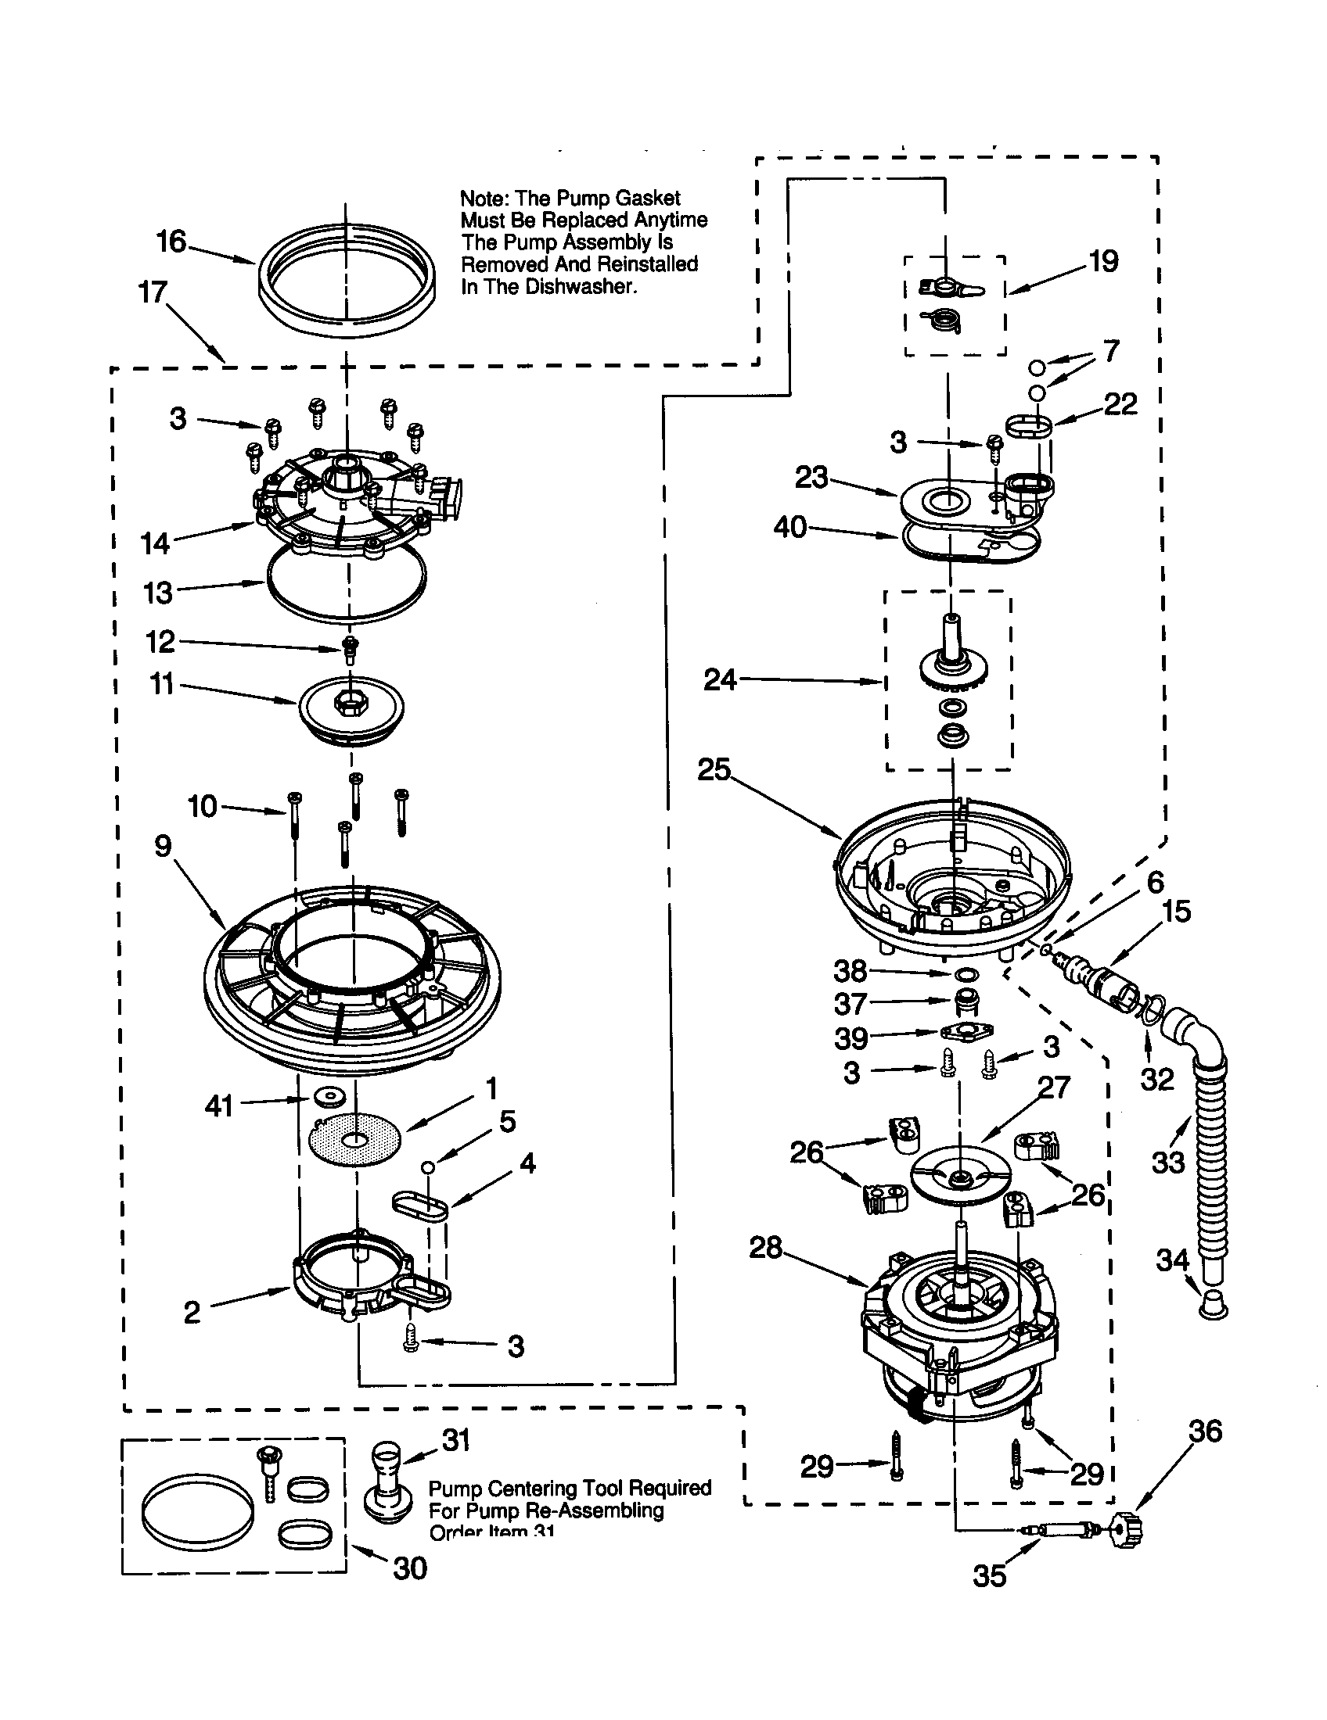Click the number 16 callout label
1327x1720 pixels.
coord(171,242)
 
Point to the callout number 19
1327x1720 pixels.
coord(1103,261)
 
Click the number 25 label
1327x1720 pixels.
coord(714,769)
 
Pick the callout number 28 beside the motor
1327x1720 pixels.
coord(765,1247)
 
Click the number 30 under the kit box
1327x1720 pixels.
coord(410,1569)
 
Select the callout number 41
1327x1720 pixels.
coord(218,1105)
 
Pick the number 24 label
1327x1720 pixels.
coord(720,679)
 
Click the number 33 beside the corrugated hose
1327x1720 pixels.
coord(1168,1161)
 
